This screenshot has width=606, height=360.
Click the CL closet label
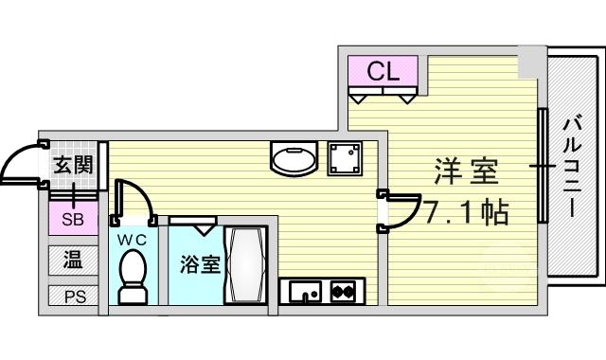point(383,71)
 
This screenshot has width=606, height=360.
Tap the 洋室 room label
point(466,171)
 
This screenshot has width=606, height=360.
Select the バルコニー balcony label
point(572,168)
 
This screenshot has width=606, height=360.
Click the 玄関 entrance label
point(73,165)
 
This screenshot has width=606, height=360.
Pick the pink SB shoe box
point(73,219)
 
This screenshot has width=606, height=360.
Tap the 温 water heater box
point(73,260)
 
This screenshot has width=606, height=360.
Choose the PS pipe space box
point(73,296)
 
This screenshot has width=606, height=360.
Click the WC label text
point(133,240)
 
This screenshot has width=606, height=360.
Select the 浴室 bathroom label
point(200,264)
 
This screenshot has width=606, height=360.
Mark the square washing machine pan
point(345,158)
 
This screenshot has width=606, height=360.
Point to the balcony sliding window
point(543,166)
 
